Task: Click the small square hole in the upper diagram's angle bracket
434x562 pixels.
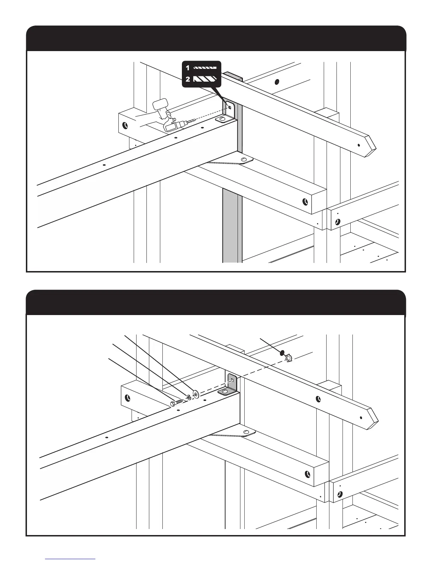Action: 230,108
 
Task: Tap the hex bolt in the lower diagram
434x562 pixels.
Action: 176,403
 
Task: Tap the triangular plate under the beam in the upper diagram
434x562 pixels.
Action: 230,162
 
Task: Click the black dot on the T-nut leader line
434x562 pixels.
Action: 282,353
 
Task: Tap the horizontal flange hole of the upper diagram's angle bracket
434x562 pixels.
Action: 222,119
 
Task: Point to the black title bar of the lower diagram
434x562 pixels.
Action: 216,303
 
